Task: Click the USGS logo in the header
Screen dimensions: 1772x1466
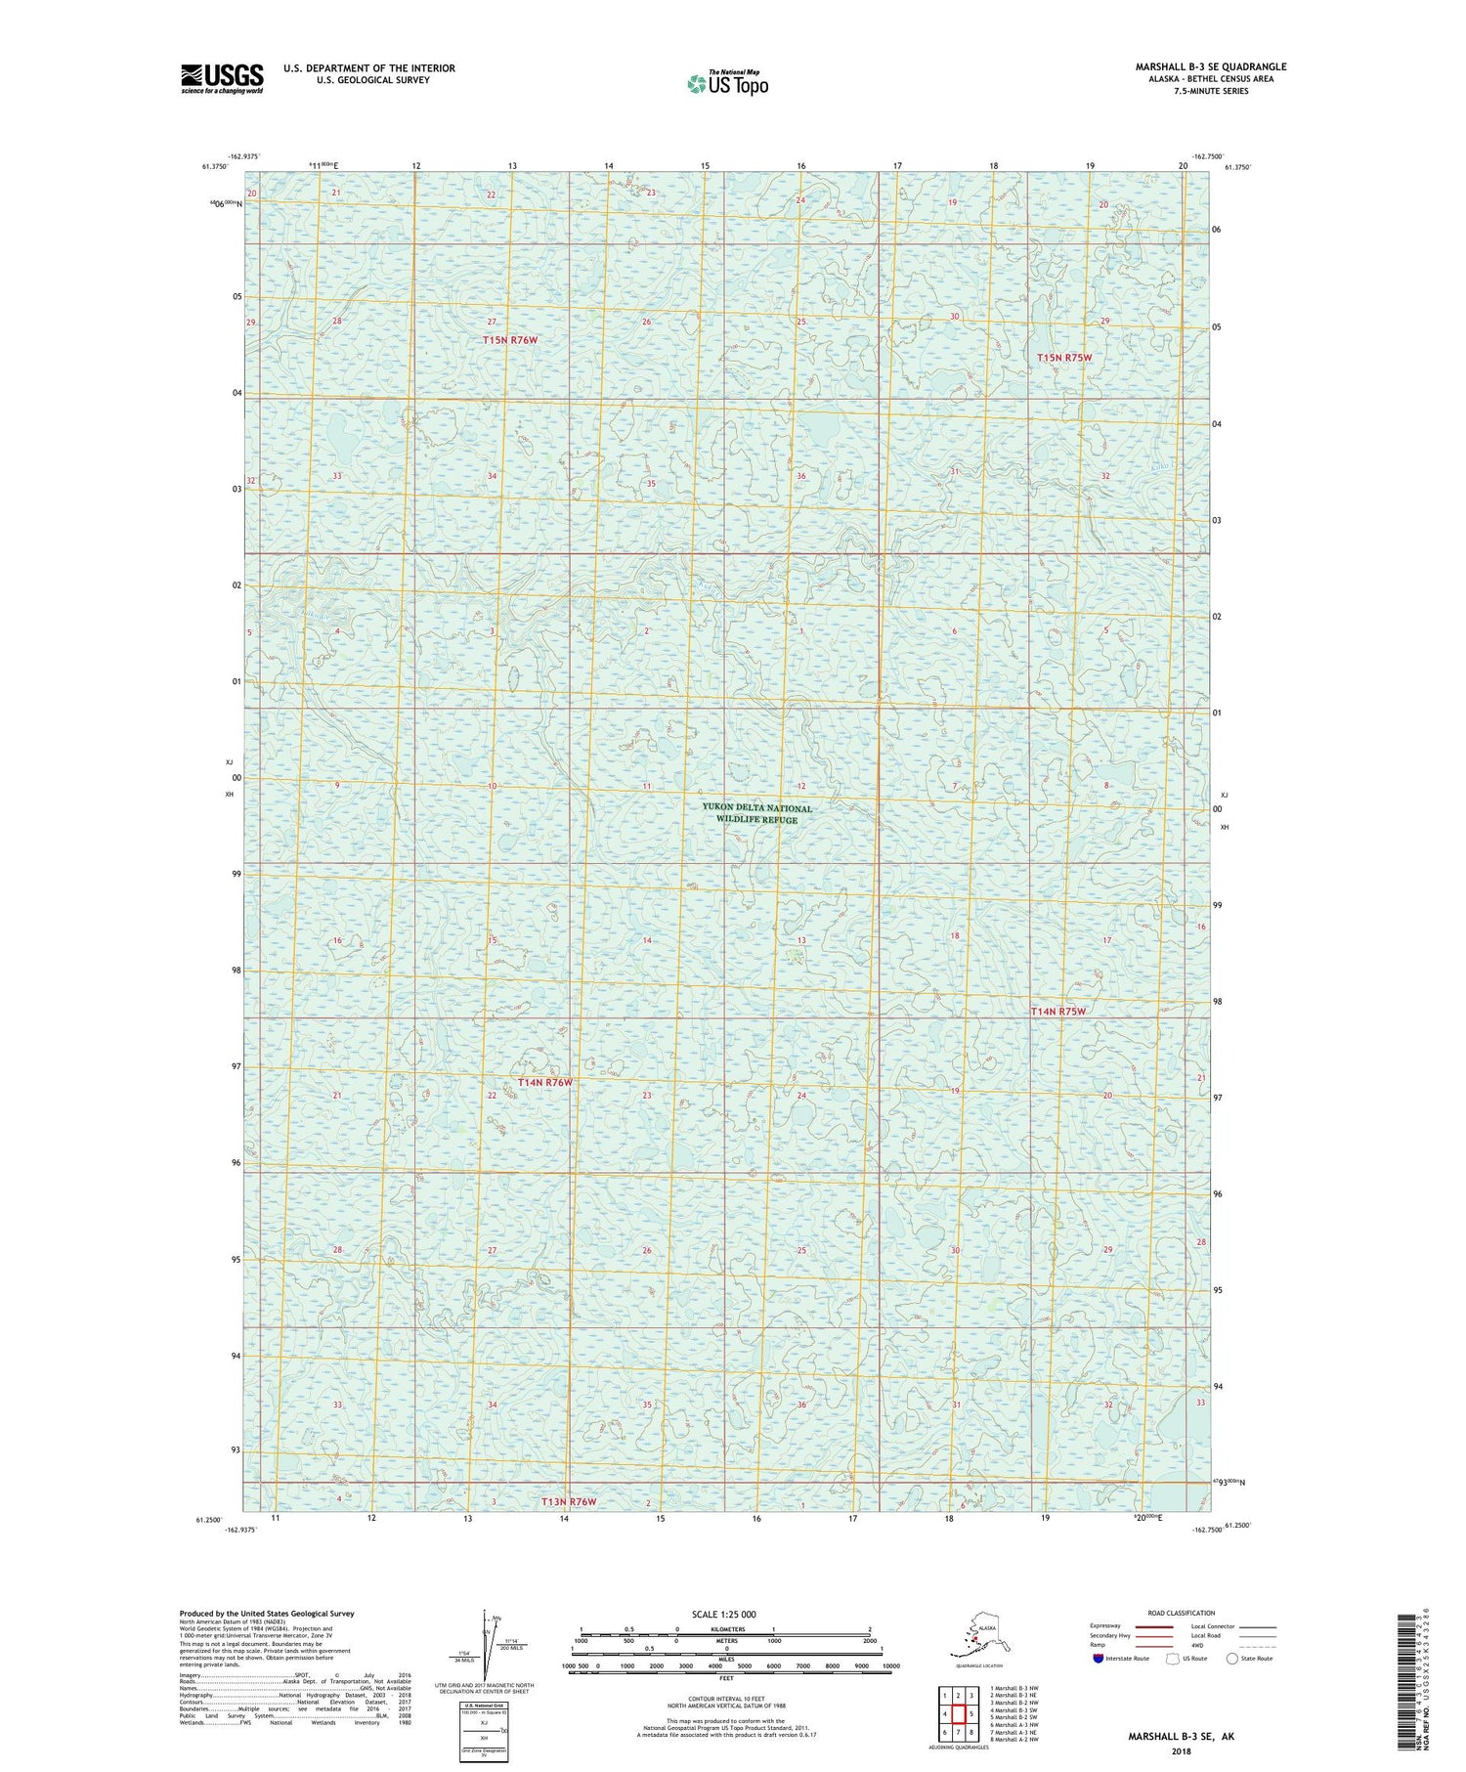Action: [x=222, y=78]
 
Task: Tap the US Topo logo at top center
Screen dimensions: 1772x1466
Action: [x=727, y=83]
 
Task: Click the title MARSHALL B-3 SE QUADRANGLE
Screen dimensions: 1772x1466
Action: [x=1210, y=66]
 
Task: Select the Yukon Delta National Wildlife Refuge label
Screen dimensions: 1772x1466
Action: [x=756, y=813]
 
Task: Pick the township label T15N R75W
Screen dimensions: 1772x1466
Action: [x=1063, y=358]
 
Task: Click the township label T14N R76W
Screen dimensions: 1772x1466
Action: [x=544, y=1083]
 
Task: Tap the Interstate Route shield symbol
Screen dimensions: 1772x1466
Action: [x=1099, y=1658]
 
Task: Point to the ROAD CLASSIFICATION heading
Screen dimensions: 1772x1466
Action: [x=1182, y=1613]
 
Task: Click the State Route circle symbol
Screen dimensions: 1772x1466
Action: [x=1232, y=1658]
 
